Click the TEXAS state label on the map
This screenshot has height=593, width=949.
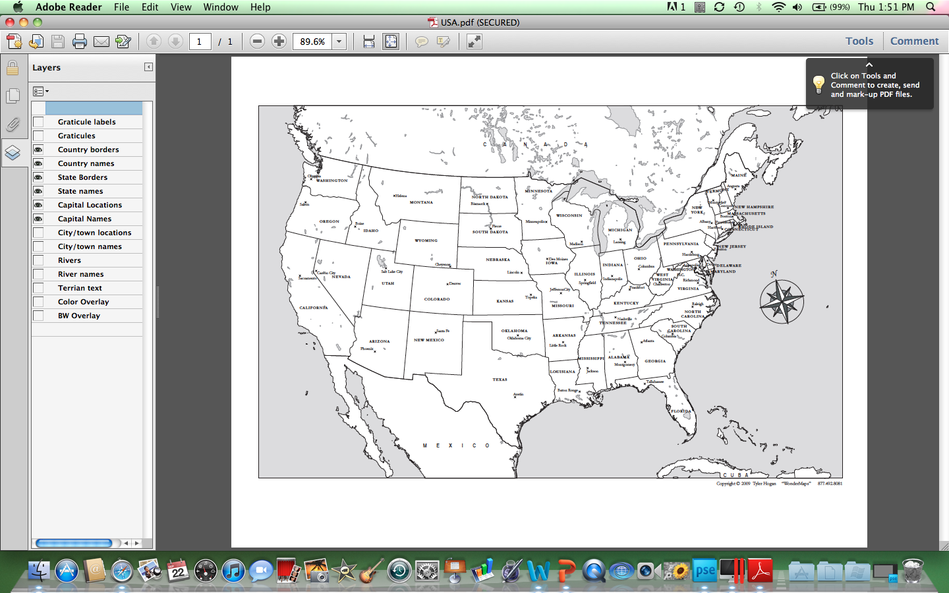click(500, 380)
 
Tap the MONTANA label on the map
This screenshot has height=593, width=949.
click(421, 202)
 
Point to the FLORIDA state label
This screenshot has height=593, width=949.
click(681, 411)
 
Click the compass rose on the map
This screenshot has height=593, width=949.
click(781, 302)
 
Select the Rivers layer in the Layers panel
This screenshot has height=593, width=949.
click(69, 260)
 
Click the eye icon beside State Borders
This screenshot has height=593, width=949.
click(38, 177)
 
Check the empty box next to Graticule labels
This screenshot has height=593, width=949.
click(38, 122)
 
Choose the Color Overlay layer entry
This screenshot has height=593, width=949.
click(83, 302)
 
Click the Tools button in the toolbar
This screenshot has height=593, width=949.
click(859, 41)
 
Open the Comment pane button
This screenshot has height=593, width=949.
click(914, 41)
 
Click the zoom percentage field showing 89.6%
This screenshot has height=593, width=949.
click(312, 42)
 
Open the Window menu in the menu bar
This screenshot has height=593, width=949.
click(220, 7)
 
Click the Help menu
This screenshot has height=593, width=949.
click(260, 7)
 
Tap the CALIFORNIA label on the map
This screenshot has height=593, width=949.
click(313, 308)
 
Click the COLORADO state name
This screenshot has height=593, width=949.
click(437, 299)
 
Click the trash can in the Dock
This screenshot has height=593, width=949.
click(913, 571)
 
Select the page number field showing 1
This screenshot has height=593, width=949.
click(200, 42)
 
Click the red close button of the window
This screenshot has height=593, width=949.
click(10, 22)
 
